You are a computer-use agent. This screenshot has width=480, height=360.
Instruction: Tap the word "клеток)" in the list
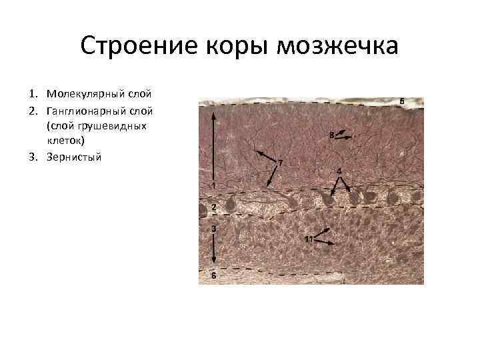click(x=65, y=141)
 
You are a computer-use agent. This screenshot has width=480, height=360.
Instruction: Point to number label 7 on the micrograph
click(x=280, y=163)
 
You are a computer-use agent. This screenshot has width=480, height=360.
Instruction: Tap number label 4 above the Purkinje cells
click(x=339, y=171)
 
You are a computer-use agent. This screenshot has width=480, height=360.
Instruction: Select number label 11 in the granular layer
click(x=309, y=239)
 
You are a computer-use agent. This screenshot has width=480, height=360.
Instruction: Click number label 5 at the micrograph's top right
click(x=402, y=101)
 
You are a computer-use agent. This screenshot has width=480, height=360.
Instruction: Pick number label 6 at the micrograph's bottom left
click(x=213, y=275)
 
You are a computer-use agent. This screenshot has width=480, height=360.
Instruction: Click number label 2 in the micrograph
click(x=213, y=207)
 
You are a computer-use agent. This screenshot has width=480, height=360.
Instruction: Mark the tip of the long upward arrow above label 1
click(x=213, y=113)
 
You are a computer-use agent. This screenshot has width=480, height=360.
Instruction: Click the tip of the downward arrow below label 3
click(x=213, y=265)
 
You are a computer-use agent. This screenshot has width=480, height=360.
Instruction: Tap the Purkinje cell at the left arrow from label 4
click(x=329, y=197)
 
